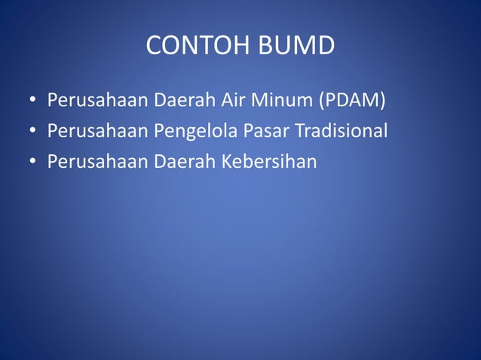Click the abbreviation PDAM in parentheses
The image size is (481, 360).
tap(355, 100)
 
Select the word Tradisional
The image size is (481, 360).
tap(341, 131)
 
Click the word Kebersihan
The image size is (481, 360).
tap(269, 161)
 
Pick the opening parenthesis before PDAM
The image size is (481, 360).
tap(323, 101)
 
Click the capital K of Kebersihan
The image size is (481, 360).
tap(227, 161)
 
